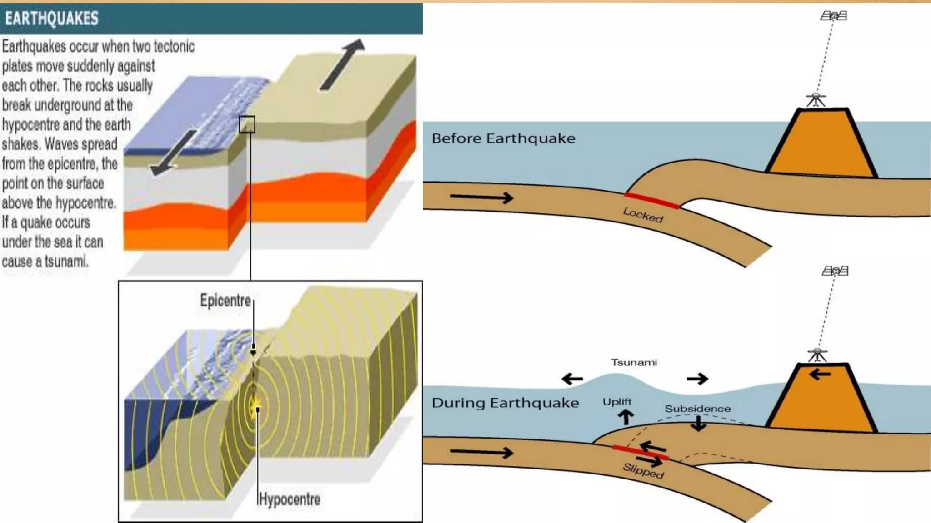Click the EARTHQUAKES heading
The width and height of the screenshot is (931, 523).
(52, 19)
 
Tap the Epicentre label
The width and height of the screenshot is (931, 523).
(225, 301)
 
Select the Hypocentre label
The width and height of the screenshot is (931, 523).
(290, 499)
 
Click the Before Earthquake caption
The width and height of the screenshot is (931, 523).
(503, 138)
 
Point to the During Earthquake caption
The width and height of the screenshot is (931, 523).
(505, 403)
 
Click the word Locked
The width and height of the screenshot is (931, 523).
(643, 215)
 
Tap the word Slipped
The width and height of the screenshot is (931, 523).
(643, 471)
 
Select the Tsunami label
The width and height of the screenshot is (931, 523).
(634, 363)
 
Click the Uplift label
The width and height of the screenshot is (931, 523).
(617, 402)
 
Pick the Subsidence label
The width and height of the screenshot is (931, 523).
(697, 409)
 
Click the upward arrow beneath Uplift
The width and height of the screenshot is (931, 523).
(626, 417)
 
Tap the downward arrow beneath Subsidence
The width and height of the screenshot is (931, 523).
(698, 423)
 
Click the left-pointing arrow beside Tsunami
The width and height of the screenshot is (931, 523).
(572, 379)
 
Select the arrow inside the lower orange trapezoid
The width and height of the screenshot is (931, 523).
(820, 375)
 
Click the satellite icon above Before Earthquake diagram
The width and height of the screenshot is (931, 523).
(833, 16)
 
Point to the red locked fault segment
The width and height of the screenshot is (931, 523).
(651, 201)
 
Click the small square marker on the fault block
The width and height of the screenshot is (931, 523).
(247, 124)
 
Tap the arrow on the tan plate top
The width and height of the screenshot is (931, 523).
(342, 64)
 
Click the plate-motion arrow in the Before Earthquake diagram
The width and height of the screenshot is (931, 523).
(481, 197)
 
